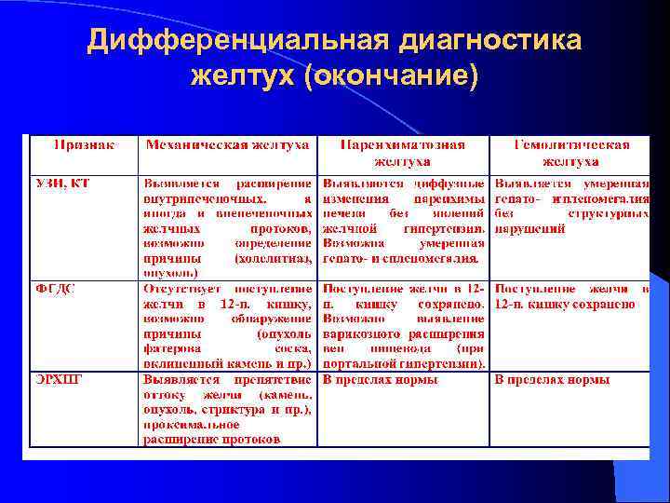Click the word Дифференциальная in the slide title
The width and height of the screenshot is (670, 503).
click(x=237, y=42)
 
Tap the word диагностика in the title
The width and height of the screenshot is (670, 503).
click(x=491, y=42)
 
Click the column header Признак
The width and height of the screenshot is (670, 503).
click(x=84, y=145)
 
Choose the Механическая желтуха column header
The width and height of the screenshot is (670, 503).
click(x=227, y=145)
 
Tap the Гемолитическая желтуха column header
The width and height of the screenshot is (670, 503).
click(x=571, y=153)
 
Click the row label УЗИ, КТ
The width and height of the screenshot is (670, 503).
click(x=62, y=182)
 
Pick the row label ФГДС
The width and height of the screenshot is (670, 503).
click(x=56, y=289)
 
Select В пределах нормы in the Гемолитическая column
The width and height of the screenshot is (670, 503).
click(x=552, y=380)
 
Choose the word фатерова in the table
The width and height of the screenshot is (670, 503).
click(x=170, y=348)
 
